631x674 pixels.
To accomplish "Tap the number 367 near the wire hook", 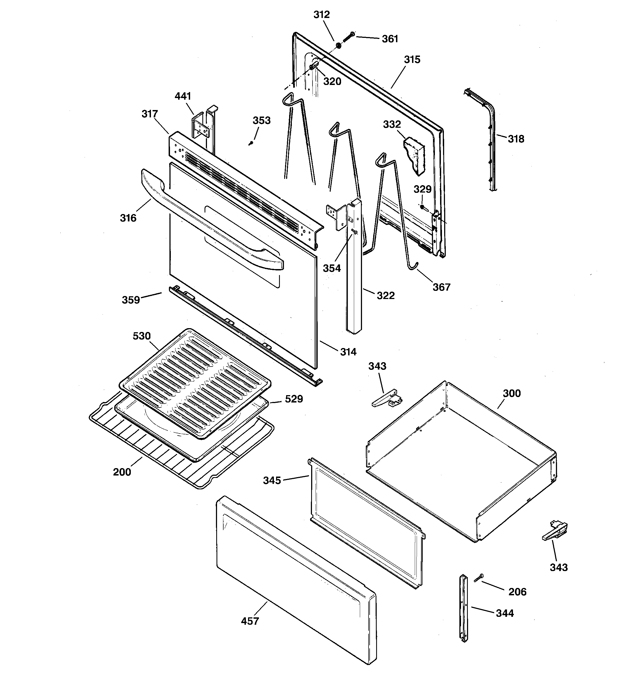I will [x=441, y=287].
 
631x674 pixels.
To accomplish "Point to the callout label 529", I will [x=294, y=399].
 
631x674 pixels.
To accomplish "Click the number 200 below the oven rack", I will [x=122, y=472].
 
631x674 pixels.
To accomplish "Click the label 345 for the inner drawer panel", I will [x=272, y=480].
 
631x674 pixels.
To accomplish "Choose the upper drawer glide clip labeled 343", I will [x=386, y=398].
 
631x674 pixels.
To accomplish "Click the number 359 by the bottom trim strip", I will [x=131, y=300].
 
